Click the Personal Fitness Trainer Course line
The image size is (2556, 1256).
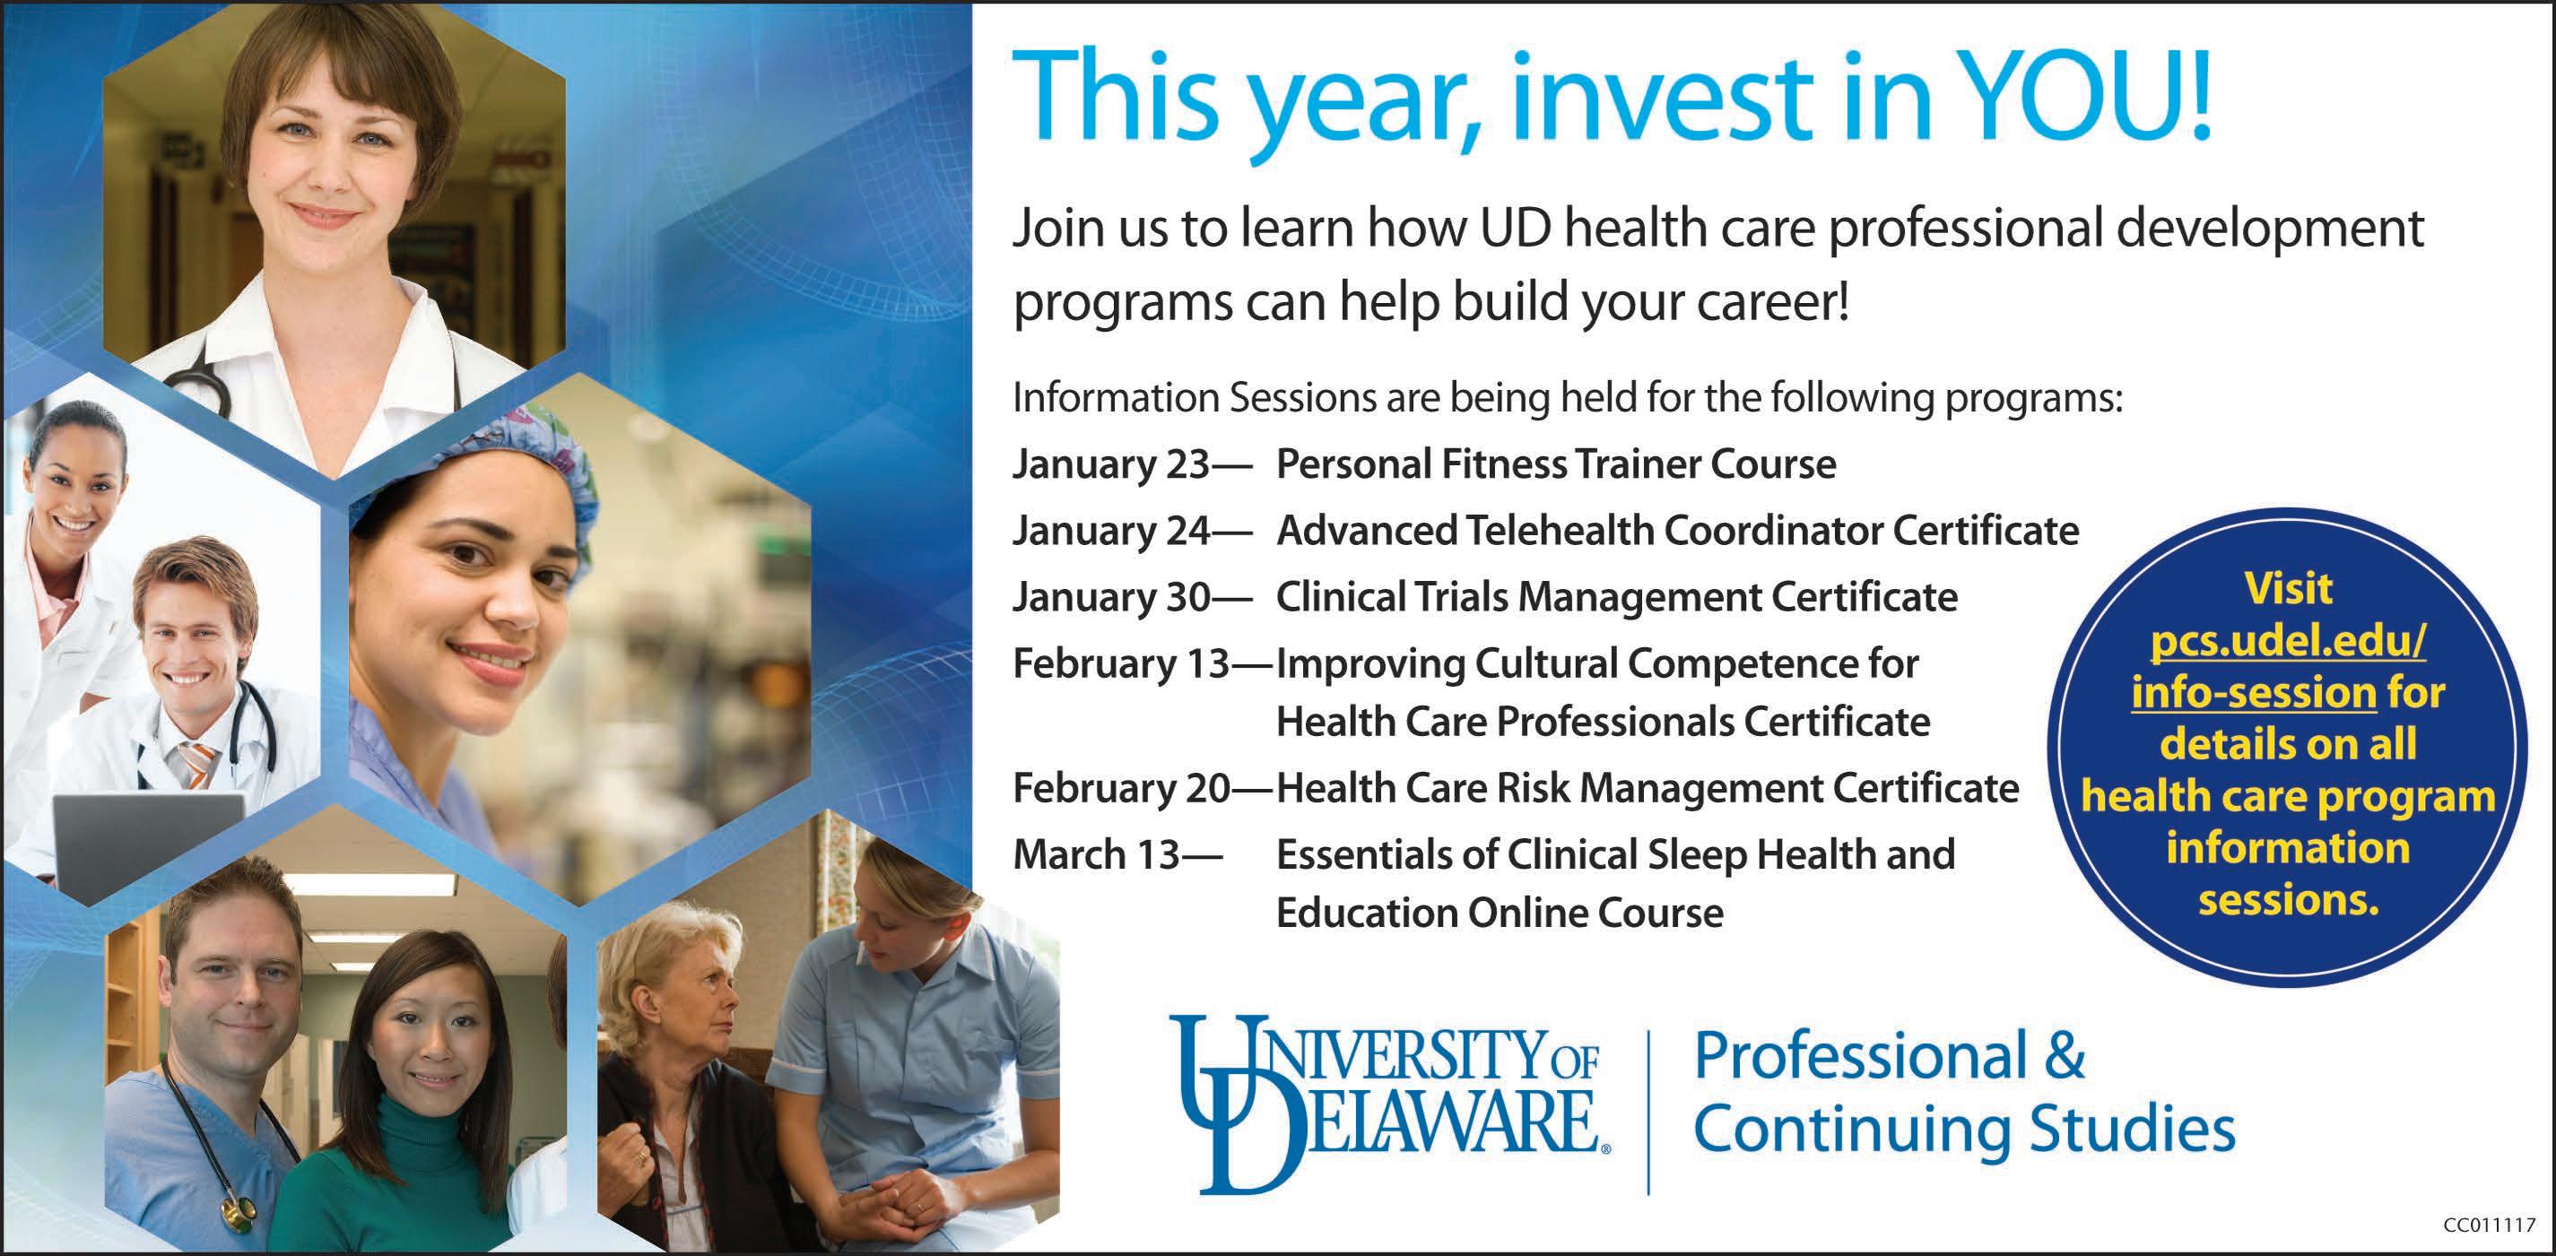1556,464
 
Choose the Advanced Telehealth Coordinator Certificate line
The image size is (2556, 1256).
1677,531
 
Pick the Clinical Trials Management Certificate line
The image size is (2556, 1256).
1616,597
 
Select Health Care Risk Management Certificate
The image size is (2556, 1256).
1647,789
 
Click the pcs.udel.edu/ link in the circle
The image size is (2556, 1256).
2288,642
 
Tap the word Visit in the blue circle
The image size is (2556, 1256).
2289,589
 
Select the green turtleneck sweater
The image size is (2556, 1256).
387,1171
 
